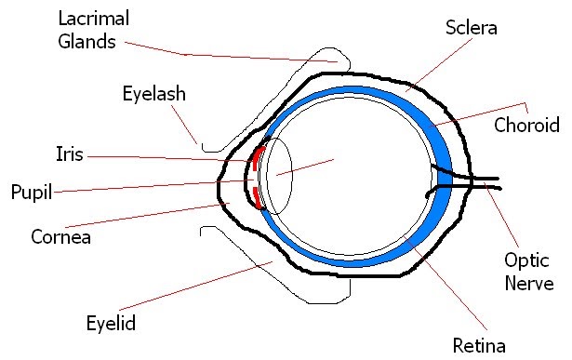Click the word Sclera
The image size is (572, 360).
pyautogui.click(x=472, y=28)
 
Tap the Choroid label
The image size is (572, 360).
pyautogui.click(x=526, y=126)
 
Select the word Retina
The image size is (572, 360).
pyautogui.click(x=478, y=347)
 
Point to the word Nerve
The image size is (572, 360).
pyautogui.click(x=528, y=284)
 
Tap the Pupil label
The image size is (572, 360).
pyautogui.click(x=30, y=193)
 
